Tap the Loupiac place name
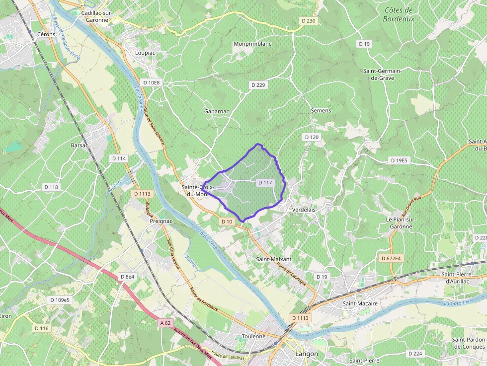145,52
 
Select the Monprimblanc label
252,44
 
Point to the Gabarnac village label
217,111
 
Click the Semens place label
321,110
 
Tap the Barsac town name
80,146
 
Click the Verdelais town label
304,210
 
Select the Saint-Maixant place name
273,259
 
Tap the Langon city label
306,354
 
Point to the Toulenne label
254,336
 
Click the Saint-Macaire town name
360,303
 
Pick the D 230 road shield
308,20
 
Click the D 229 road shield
258,85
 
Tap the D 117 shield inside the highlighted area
265,183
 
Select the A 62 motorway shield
165,323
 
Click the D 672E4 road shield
392,259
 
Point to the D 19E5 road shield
399,160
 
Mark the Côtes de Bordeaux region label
399,14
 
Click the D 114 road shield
119,158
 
